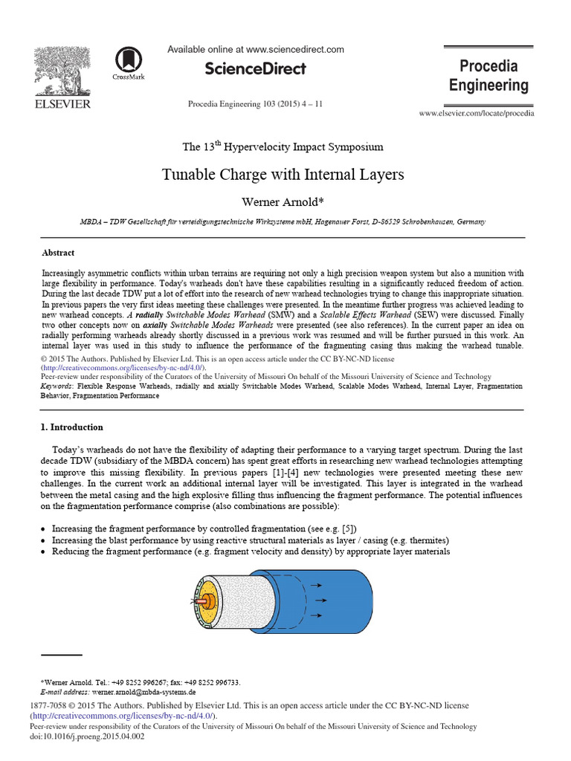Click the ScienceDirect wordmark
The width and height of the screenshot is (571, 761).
pyautogui.click(x=255, y=68)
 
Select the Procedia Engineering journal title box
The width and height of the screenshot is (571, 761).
pyautogui.click(x=488, y=75)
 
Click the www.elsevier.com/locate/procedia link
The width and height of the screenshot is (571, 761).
pyautogui.click(x=476, y=113)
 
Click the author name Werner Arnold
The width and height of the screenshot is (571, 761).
pyautogui.click(x=283, y=202)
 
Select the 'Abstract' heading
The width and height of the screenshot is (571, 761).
pyautogui.click(x=58, y=253)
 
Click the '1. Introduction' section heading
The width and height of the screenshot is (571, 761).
pyautogui.click(x=71, y=427)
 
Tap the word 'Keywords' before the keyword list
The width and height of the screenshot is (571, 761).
pyautogui.click(x=58, y=386)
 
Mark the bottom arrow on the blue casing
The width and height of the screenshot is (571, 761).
pyautogui.click(x=318, y=615)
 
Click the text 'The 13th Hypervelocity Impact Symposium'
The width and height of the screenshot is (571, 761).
pyautogui.click(x=283, y=146)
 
